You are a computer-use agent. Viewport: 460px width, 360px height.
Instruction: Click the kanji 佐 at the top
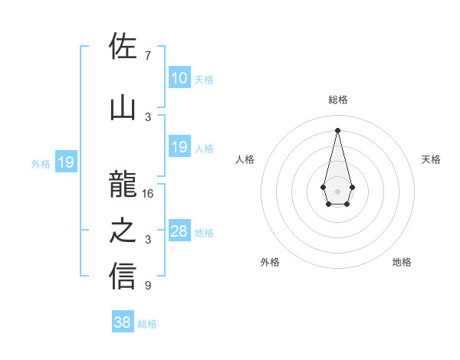click(123, 47)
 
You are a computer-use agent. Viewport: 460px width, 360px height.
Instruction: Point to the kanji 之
click(123, 231)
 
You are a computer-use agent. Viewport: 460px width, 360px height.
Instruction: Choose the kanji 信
click(123, 277)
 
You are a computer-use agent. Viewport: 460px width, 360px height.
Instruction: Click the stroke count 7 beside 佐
click(147, 56)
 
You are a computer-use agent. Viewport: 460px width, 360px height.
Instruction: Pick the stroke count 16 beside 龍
click(148, 194)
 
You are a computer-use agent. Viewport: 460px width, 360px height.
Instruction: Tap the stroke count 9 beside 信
click(147, 286)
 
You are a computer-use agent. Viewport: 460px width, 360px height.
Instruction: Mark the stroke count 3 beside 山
click(148, 116)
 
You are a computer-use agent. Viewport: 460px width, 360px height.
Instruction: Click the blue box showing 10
click(179, 78)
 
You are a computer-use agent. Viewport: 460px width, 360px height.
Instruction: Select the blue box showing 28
click(179, 231)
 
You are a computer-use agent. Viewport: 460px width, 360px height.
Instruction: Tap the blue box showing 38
click(123, 322)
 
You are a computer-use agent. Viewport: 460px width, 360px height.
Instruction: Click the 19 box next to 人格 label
click(179, 147)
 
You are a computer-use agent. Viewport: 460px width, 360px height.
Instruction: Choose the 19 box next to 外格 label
click(65, 162)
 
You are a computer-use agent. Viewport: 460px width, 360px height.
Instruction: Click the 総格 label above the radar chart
click(337, 100)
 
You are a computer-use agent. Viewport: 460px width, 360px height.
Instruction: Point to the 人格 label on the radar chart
click(245, 159)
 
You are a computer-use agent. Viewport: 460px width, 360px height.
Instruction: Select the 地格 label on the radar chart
click(402, 262)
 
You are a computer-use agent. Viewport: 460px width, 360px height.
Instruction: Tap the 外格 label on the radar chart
click(270, 262)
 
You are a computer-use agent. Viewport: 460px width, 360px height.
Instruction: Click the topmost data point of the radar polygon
click(337, 129)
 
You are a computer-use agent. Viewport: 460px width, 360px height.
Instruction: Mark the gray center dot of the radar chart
click(337, 191)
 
